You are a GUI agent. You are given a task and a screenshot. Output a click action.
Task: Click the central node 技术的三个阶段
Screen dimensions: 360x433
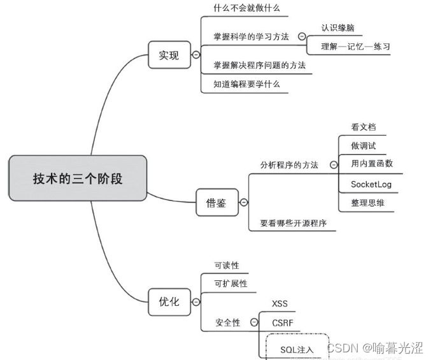(78, 178)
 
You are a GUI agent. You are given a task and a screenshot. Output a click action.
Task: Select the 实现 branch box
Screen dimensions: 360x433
(169, 55)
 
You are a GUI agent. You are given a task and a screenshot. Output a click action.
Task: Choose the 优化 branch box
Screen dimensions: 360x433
(169, 302)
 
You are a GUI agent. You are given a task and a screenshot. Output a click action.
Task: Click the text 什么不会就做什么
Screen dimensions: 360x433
(246, 9)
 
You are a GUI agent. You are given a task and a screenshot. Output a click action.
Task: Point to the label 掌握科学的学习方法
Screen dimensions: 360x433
(251, 36)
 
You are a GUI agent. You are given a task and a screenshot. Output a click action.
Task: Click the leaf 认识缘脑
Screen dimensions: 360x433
(337, 28)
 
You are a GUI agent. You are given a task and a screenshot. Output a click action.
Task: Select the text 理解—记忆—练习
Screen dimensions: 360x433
(355, 47)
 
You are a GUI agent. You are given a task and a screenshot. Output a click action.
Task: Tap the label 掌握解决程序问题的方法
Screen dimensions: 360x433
(259, 65)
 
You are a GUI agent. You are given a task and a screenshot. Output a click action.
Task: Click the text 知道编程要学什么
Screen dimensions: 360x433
(246, 84)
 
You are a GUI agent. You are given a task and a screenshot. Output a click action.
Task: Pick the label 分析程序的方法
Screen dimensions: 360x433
(288, 165)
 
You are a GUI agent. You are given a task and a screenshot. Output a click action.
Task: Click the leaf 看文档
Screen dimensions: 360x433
(363, 127)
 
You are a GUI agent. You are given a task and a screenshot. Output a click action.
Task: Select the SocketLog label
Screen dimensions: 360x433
(371, 185)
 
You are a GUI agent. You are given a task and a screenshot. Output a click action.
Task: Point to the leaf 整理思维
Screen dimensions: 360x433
(367, 203)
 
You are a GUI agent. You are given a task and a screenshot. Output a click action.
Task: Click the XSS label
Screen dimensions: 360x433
(280, 303)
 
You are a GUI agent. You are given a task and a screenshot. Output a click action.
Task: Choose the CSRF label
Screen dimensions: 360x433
(282, 322)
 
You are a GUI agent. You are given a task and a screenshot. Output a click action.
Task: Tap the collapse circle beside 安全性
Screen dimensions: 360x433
(254, 322)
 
